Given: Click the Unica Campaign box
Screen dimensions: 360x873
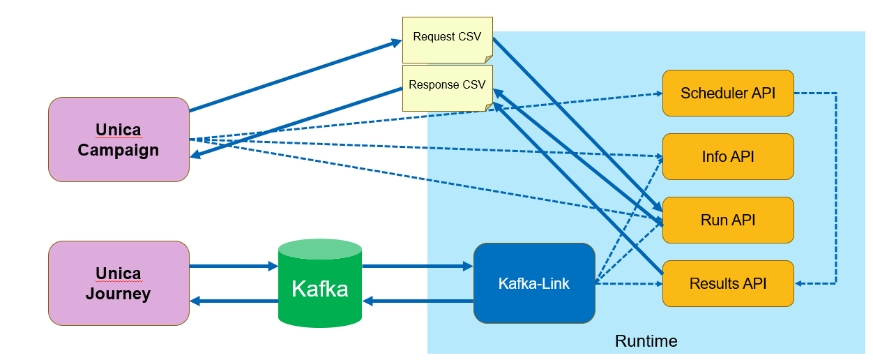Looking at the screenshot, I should [x=119, y=140].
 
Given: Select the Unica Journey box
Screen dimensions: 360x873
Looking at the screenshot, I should [x=119, y=283].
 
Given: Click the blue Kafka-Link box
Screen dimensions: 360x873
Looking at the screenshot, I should [x=533, y=283].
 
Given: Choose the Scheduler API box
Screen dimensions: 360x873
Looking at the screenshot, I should [x=728, y=93].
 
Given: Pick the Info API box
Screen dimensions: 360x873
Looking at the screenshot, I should [x=728, y=156].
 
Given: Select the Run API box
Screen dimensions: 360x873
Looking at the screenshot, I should [x=728, y=220].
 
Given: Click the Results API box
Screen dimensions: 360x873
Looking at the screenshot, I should [x=728, y=283].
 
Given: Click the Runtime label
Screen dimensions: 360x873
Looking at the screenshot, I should [x=646, y=341].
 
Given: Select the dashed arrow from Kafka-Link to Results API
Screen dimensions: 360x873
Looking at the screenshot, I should [x=628, y=284].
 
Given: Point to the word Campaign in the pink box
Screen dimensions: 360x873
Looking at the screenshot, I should [x=119, y=150].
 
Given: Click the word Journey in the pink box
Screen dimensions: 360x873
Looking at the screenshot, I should [x=119, y=294].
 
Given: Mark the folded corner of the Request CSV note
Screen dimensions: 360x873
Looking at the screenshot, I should [x=488, y=59].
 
